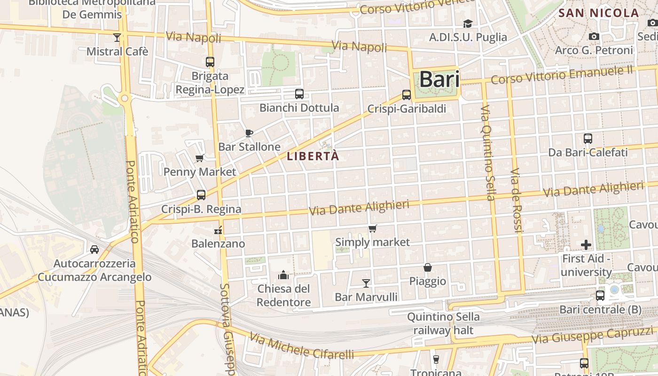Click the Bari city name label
(x=439, y=79)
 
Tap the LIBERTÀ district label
(x=313, y=156)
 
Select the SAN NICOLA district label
(x=598, y=13)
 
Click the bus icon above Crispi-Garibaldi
(x=407, y=95)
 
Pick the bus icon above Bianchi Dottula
(x=299, y=94)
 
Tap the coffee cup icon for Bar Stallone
(x=249, y=133)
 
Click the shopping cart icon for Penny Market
(x=199, y=158)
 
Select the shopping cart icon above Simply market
(x=372, y=229)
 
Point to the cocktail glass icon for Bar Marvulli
(x=366, y=283)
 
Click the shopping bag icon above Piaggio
(x=428, y=267)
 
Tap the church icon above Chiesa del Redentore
(x=283, y=274)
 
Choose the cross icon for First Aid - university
(x=586, y=244)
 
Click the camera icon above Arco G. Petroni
(x=594, y=36)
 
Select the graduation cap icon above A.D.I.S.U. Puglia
(x=468, y=23)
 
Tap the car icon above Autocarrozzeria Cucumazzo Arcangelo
(x=94, y=249)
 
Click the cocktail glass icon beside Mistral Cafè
(x=117, y=37)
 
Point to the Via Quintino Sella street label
(x=487, y=153)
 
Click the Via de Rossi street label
(x=516, y=200)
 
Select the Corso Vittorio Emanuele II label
(x=562, y=75)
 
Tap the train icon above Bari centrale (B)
(x=600, y=296)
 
